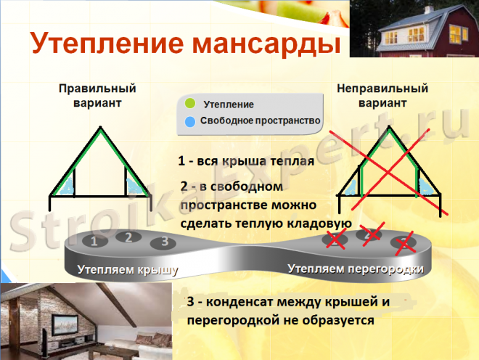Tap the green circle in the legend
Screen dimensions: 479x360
point(190,103)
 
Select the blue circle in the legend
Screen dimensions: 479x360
point(190,122)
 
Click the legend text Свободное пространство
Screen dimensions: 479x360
point(260,120)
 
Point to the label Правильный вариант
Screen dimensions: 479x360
point(97,95)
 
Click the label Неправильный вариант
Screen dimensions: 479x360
point(382,95)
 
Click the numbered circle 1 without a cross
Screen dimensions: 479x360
point(94,241)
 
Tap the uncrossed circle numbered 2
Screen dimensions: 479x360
point(128,237)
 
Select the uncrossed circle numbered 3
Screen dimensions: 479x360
point(163,242)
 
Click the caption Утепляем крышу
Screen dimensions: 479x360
point(128,270)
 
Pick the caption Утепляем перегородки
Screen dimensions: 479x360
point(356,269)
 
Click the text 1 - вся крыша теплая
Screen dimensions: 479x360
point(246,160)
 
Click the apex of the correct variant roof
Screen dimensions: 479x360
point(100,127)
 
